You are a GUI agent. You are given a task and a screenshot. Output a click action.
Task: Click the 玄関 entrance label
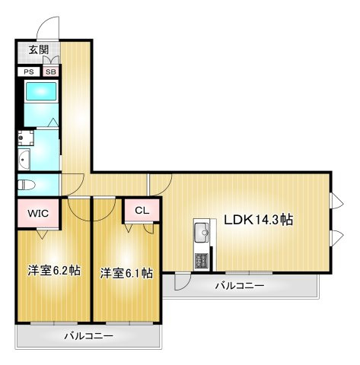pyautogui.click(x=38, y=50)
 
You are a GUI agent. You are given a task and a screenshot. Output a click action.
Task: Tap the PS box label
pyautogui.click(x=29, y=71)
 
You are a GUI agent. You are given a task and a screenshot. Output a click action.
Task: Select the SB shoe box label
pyautogui.click(x=51, y=71)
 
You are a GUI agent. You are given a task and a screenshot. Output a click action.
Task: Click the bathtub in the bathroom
pyautogui.click(x=41, y=91)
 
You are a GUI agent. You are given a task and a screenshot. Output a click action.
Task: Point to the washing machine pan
pyautogui.click(x=26, y=138)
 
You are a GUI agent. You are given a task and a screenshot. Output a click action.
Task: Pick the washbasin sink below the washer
pyautogui.click(x=24, y=160)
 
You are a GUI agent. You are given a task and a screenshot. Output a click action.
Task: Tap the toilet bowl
pyautogui.click(x=26, y=185)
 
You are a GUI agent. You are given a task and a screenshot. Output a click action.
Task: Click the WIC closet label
pyautogui.click(x=38, y=213)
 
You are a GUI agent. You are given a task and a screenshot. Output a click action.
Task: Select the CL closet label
pyautogui.click(x=142, y=211)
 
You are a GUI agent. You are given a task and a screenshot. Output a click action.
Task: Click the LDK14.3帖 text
pyautogui.click(x=259, y=220)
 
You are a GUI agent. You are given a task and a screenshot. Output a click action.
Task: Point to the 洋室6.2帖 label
pyautogui.click(x=54, y=271)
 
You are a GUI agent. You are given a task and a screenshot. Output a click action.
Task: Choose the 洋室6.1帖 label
pyautogui.click(x=126, y=273)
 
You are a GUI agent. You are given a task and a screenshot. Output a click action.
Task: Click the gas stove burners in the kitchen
pyautogui.click(x=202, y=261)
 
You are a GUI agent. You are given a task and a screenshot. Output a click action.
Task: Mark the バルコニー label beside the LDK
pyautogui.click(x=240, y=286)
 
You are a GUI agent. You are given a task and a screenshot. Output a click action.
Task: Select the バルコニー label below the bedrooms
pyautogui.click(x=88, y=336)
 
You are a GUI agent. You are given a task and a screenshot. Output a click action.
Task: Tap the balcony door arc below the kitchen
pyautogui.click(x=185, y=284)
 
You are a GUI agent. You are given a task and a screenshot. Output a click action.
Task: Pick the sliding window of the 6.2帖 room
pyautogui.click(x=54, y=323)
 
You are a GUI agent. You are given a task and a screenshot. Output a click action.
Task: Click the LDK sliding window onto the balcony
pyautogui.click(x=249, y=273)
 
